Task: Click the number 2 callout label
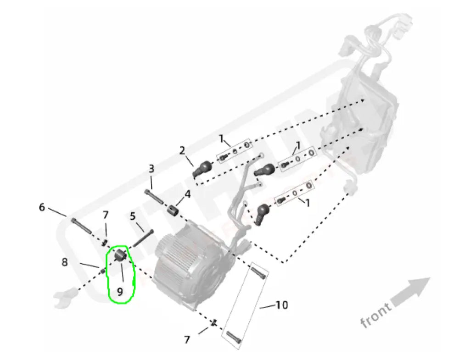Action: [x=182, y=150]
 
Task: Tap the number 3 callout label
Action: [x=151, y=169]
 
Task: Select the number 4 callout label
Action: [x=187, y=194]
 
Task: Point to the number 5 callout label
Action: [x=133, y=216]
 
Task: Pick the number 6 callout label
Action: [x=42, y=207]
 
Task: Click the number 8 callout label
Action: [x=65, y=262]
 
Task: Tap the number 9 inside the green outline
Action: [x=120, y=290]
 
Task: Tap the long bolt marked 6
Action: [x=81, y=226]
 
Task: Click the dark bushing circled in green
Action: [x=120, y=256]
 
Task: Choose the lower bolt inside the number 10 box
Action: [x=233, y=337]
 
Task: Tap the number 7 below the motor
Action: [x=187, y=340]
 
